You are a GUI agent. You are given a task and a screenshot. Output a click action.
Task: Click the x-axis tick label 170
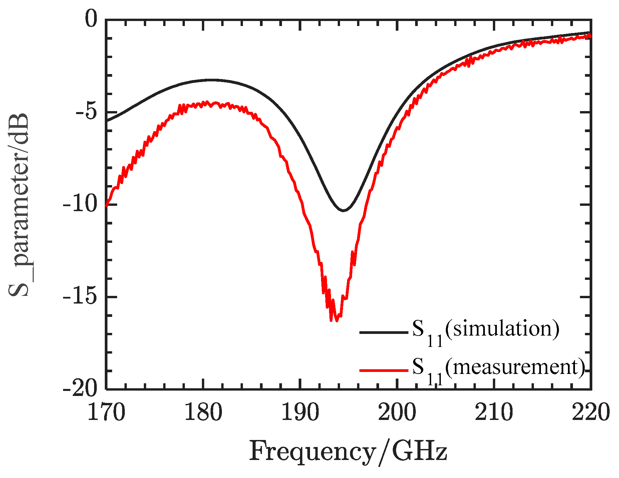[106, 413]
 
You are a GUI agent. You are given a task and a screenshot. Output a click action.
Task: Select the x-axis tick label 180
[203, 413]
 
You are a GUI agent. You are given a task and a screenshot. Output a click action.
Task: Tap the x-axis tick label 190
[300, 413]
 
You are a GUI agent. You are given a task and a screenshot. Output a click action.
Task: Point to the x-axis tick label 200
[397, 413]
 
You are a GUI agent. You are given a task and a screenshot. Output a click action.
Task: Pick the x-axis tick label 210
[494, 413]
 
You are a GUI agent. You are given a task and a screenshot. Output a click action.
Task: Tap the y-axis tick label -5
[86, 112]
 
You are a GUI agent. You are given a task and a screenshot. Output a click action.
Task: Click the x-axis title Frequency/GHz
[348, 452]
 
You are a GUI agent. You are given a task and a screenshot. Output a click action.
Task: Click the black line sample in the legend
[383, 332]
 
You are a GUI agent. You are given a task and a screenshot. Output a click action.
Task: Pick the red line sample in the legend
[383, 370]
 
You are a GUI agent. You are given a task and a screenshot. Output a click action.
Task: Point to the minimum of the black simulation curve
[343, 210]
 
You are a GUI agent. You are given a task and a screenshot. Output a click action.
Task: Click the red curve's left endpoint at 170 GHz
[106, 205]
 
